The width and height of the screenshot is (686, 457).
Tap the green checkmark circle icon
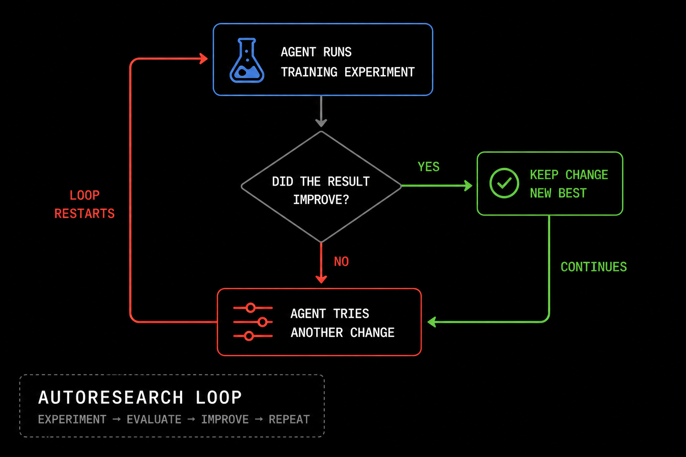504,183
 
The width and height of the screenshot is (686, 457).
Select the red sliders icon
253,322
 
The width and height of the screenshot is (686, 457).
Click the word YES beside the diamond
429,167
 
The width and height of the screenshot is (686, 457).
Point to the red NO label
341,262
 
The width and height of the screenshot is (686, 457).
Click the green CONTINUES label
594,267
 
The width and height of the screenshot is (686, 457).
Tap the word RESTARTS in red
84,214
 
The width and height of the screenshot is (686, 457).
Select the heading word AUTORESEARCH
111,398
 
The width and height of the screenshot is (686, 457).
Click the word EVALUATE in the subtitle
154,420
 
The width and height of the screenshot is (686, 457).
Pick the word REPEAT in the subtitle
289,420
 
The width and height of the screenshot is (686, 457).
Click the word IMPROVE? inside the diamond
321,200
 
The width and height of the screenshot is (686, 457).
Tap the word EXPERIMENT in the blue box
380,72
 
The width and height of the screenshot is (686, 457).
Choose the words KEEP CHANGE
569,175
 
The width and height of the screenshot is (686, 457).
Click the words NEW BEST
558,193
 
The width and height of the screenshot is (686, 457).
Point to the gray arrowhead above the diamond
321,123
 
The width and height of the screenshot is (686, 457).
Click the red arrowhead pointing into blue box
204,58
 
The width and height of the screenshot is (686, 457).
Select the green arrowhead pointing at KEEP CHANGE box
468,186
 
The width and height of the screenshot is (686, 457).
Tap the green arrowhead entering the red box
431,322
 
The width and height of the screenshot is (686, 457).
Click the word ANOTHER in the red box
317,333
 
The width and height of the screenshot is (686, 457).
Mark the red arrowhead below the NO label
321,279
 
